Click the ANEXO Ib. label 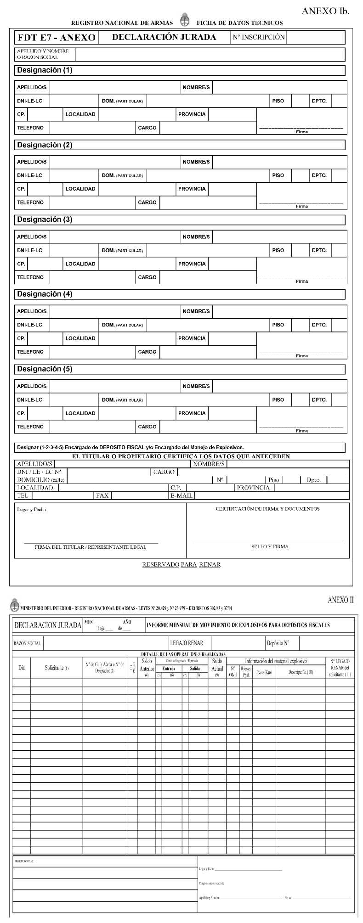[x=325, y=11]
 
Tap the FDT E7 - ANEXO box [x=57, y=38]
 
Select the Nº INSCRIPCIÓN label [x=259, y=37]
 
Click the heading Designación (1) [x=45, y=70]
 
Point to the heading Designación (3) [x=45, y=219]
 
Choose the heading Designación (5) [x=45, y=369]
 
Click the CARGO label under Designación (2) [x=147, y=202]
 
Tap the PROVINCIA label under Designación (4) [x=192, y=338]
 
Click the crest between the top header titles [x=185, y=20]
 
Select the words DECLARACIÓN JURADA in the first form [x=164, y=37]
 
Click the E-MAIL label [x=181, y=495]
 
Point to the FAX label [x=102, y=495]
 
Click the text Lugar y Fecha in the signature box [x=31, y=509]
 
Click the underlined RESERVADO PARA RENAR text [x=181, y=564]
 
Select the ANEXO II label [x=340, y=600]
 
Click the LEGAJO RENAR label [x=186, y=643]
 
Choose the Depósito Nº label [x=278, y=643]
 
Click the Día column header [x=21, y=668]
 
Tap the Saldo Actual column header [x=217, y=665]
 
